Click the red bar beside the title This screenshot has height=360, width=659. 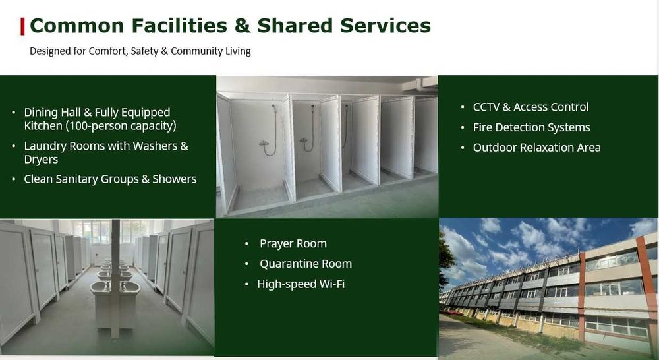point(22,26)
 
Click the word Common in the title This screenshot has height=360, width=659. point(77,26)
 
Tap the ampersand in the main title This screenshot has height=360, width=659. point(243,26)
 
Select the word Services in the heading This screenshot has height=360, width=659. point(386,26)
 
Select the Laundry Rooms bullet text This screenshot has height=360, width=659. point(106,152)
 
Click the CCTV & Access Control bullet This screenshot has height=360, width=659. point(530,107)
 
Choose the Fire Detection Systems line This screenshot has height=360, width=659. point(531,127)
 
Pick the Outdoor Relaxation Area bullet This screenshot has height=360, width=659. point(536,148)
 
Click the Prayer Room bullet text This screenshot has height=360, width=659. point(293,243)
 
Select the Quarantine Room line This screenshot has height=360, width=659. point(306,264)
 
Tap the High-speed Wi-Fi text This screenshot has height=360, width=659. point(301,284)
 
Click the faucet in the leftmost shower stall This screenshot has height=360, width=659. point(264,144)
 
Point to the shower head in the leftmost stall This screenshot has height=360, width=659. point(273,109)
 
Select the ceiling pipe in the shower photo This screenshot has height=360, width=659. point(419,84)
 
